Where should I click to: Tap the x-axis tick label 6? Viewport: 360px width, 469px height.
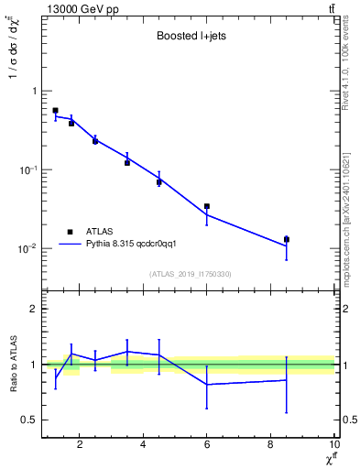click(207, 446)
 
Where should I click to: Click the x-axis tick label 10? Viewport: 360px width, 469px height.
click(333, 446)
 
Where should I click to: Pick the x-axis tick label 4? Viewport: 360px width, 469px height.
click(144, 446)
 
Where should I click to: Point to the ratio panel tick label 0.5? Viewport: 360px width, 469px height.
click(29, 420)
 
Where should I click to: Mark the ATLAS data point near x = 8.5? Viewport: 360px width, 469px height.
click(287, 239)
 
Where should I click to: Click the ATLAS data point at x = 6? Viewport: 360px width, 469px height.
click(207, 206)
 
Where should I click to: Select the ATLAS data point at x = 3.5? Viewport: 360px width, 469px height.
click(127, 162)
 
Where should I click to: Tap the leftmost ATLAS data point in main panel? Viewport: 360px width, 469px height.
click(55, 110)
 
